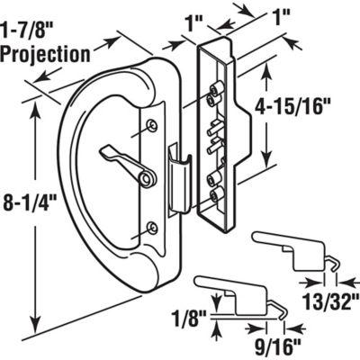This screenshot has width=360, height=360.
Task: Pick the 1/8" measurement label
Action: (187, 316)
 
